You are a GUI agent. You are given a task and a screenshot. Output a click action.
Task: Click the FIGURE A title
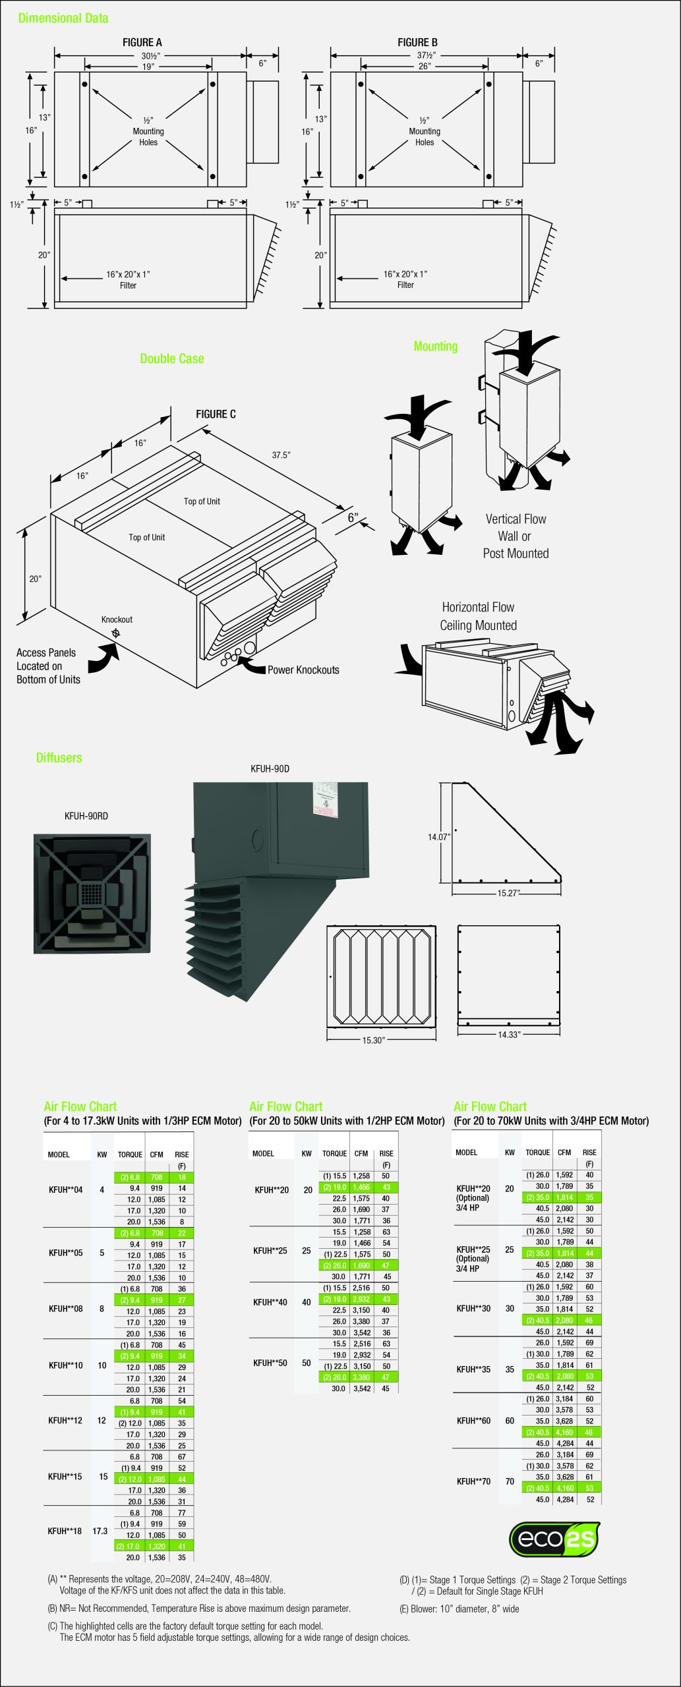click(x=142, y=43)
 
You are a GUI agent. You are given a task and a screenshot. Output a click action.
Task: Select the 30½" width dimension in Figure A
click(x=150, y=56)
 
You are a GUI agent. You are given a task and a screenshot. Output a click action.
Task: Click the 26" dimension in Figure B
click(x=425, y=67)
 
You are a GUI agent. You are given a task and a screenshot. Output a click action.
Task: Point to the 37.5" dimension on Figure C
click(x=281, y=455)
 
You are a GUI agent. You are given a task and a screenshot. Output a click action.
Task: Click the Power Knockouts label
click(x=303, y=670)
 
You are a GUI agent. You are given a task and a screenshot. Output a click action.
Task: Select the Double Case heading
click(x=171, y=359)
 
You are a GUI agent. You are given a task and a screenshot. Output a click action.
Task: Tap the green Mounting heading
click(x=435, y=347)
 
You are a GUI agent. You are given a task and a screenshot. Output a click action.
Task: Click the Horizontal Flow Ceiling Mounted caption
click(x=478, y=616)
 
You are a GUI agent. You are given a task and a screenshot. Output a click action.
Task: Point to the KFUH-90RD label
click(x=86, y=816)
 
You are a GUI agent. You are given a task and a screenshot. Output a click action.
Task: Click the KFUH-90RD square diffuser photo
click(x=92, y=894)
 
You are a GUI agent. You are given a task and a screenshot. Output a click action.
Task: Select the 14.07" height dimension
click(x=439, y=837)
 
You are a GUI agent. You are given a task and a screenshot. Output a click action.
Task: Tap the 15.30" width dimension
click(x=373, y=1040)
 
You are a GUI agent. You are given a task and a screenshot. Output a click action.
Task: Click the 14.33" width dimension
click(x=508, y=1035)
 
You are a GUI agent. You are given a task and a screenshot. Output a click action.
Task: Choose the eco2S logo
click(x=554, y=1539)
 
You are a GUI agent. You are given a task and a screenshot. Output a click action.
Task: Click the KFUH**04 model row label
click(x=66, y=1190)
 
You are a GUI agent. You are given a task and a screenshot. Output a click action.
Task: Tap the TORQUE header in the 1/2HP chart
click(x=334, y=1154)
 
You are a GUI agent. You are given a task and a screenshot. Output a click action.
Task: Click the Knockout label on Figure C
click(x=117, y=619)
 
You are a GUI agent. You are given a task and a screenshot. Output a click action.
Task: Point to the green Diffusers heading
click(x=59, y=758)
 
